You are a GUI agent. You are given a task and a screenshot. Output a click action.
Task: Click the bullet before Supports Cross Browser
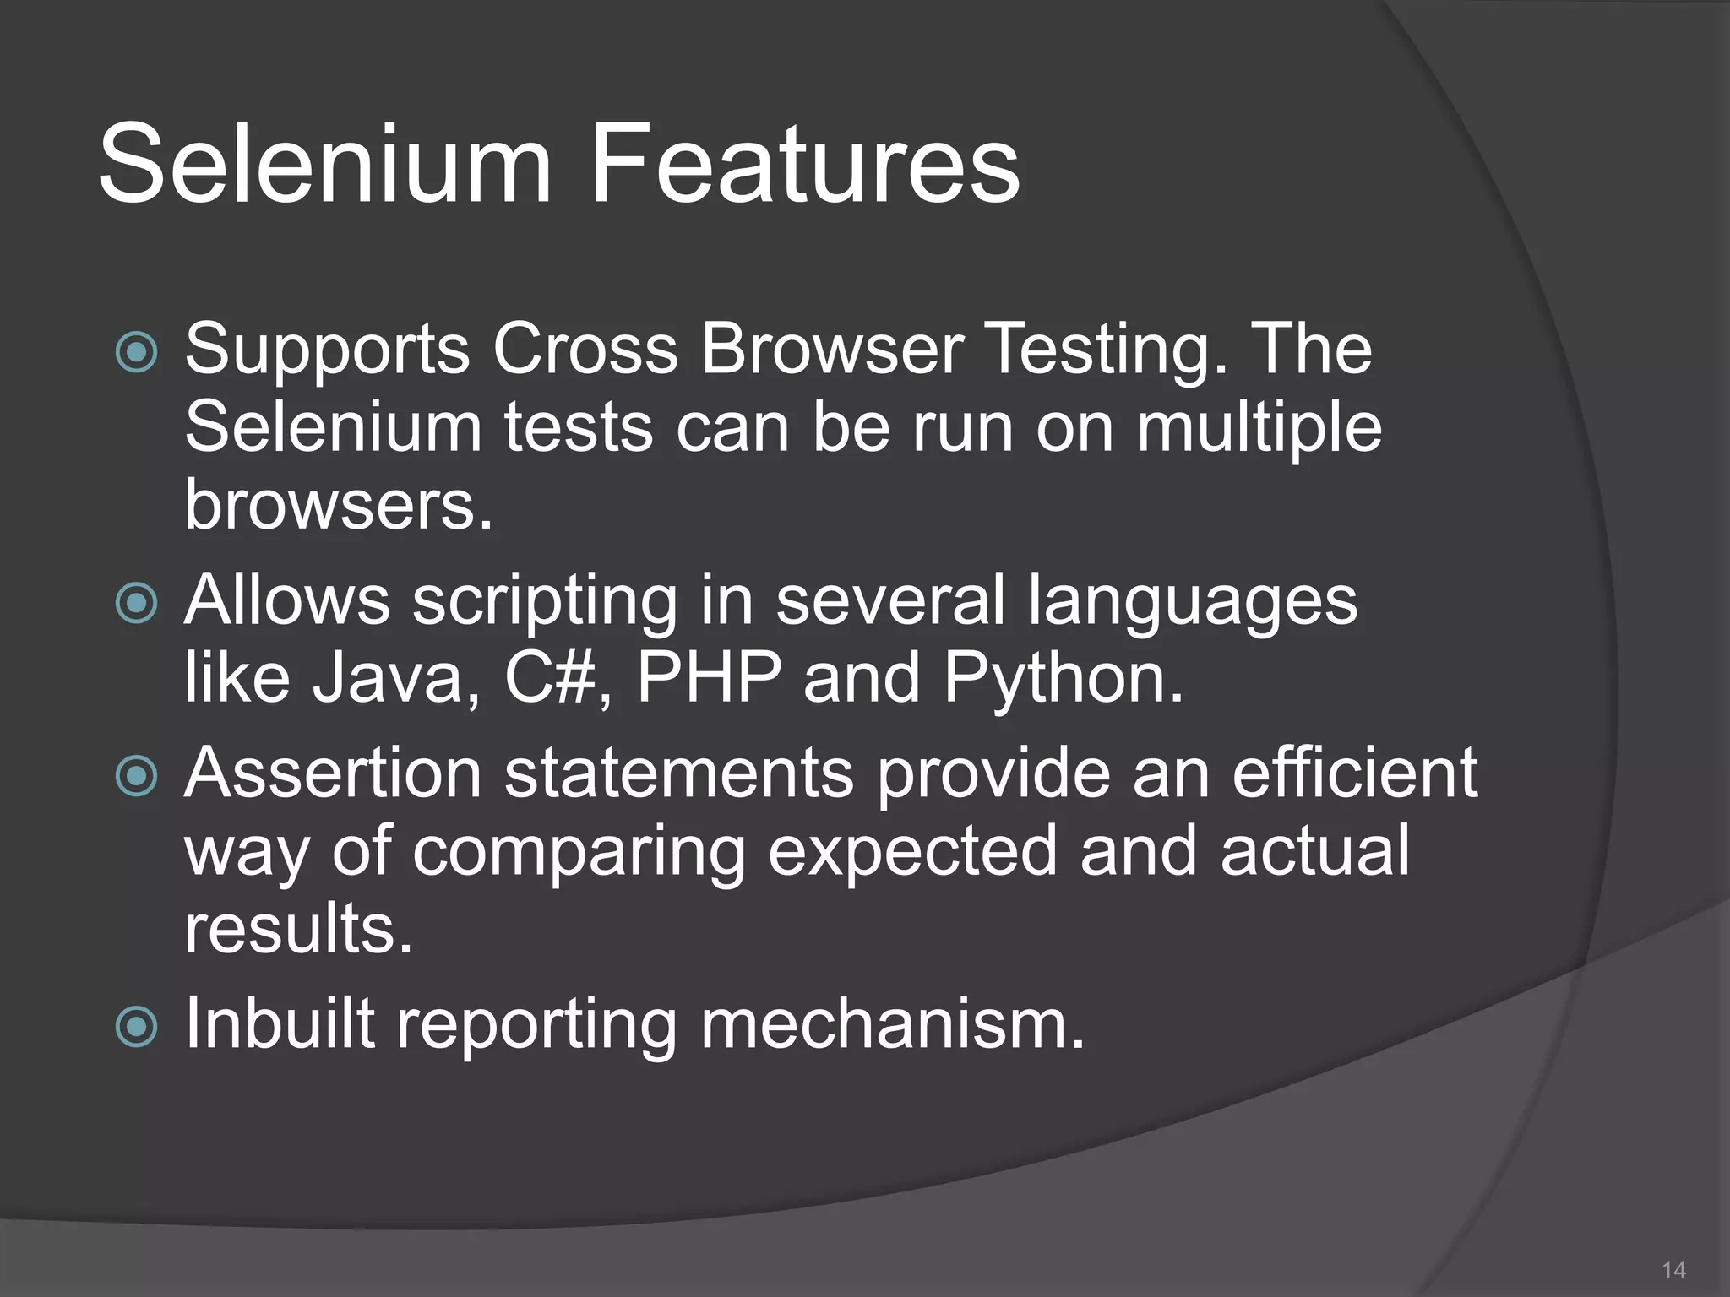pos(136,352)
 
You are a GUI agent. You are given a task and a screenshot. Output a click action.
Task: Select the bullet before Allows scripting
pos(136,603)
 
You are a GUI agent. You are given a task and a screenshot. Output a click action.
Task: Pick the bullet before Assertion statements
pos(136,776)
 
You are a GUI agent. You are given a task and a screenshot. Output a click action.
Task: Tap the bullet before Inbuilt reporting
pos(136,1027)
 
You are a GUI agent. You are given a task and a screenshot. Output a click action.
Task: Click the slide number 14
pos(1673,1270)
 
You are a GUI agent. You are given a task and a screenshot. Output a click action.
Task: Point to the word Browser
pos(832,349)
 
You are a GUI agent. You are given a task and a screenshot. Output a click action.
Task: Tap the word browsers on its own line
pos(338,505)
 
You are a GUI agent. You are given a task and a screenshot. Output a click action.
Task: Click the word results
pos(298,928)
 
